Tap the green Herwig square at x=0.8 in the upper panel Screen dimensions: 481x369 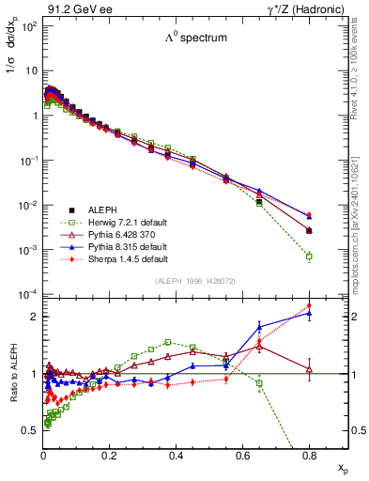(x=309, y=256)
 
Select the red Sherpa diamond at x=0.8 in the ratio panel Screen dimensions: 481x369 (x=309, y=305)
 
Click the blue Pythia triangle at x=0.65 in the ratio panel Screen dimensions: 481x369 (x=259, y=326)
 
